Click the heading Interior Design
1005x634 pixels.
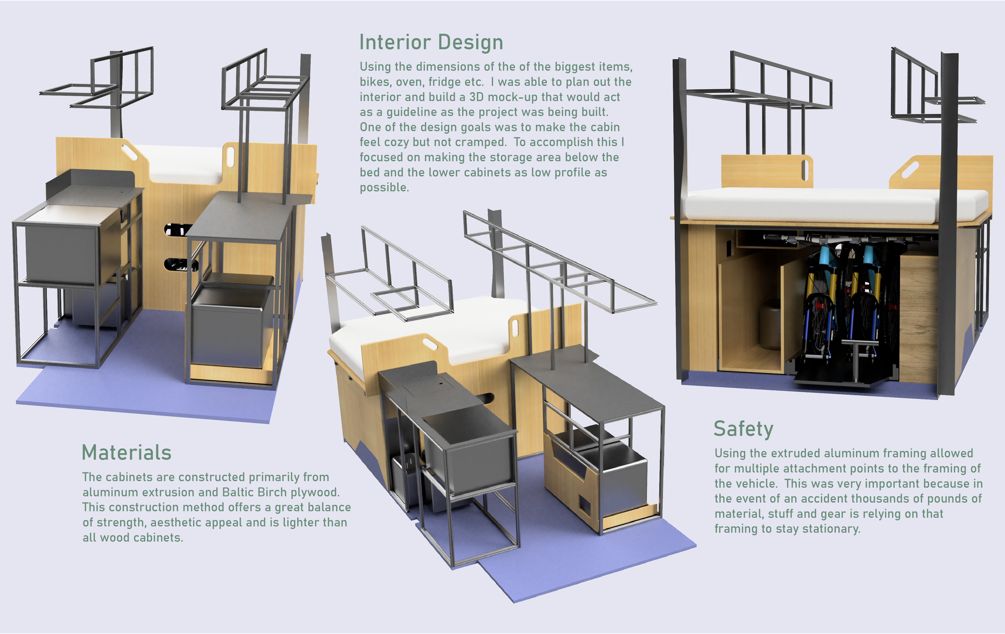pos(431,43)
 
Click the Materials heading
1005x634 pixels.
pos(126,453)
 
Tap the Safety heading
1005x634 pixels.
pos(743,429)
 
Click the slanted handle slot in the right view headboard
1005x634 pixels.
pos(910,169)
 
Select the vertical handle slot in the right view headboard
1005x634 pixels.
pos(805,170)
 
